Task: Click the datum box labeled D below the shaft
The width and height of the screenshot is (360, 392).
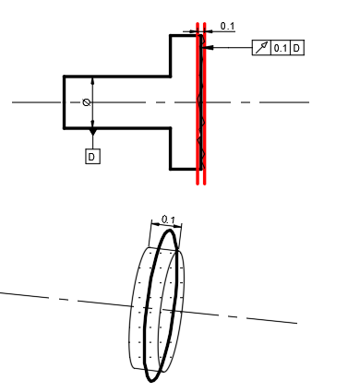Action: [92, 157]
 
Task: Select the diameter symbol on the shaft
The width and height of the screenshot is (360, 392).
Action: [87, 102]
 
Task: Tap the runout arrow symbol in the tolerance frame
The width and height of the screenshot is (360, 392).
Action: [261, 48]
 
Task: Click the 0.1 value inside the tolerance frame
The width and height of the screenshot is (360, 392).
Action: [281, 48]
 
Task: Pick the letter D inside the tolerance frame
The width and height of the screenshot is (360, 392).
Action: [296, 48]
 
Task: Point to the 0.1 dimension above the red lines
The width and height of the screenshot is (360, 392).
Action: [227, 27]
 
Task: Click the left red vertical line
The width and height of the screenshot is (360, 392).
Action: [198, 103]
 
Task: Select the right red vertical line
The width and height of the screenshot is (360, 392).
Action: [205, 103]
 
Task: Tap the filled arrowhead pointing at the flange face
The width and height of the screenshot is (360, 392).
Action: [208, 48]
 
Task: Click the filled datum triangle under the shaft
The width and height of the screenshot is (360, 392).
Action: [93, 132]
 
